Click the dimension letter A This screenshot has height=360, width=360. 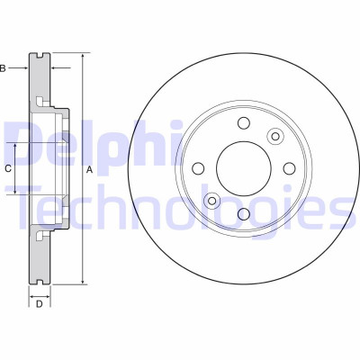89,170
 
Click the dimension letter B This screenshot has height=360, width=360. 3,68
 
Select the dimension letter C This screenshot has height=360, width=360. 8,168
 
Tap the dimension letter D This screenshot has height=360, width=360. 40,304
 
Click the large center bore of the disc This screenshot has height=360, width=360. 244,168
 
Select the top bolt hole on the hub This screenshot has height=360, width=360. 244,122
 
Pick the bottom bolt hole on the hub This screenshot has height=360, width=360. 244,214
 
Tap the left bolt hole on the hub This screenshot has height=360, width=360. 198,168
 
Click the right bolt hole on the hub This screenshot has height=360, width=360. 289,168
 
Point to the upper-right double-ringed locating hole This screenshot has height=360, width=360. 275,136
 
